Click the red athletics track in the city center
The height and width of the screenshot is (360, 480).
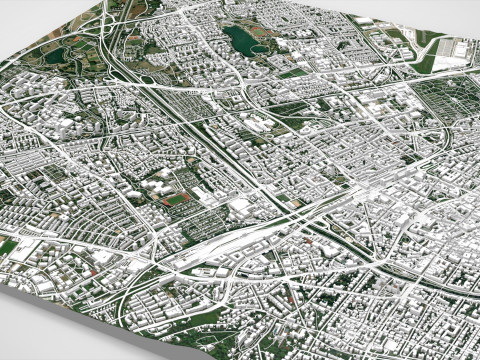point(175,198)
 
